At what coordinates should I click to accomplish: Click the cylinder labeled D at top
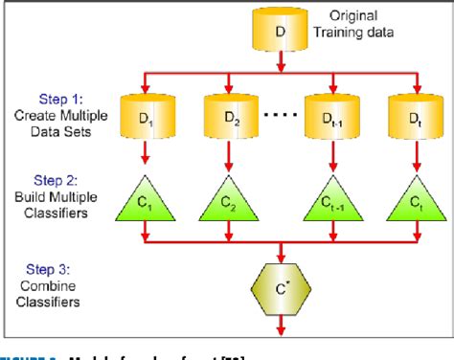click(279, 32)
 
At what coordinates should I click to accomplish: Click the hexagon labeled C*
click(281, 286)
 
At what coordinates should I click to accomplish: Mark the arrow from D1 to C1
click(143, 152)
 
